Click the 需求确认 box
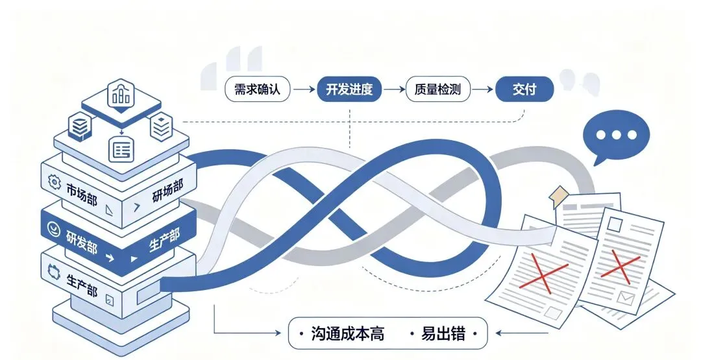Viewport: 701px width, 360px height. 257,90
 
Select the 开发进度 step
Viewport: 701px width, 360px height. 349,90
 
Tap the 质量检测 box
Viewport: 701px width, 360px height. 437,90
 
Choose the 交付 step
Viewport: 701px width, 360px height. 524,90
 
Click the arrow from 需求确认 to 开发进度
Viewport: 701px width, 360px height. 304,90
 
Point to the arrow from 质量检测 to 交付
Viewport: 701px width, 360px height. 483,90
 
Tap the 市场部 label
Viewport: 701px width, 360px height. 81,194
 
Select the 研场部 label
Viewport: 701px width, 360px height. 167,191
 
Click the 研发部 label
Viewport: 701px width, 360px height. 82,242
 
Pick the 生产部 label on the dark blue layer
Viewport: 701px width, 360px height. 164,240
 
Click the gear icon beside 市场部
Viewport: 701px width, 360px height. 54,182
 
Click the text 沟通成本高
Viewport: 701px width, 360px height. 347,333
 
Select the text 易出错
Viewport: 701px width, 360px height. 443,333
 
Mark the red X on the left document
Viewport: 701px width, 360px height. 544,272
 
